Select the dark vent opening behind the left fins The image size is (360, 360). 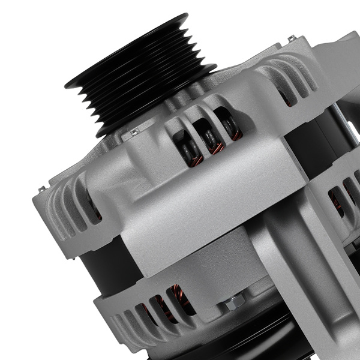[x=95, y=207]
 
